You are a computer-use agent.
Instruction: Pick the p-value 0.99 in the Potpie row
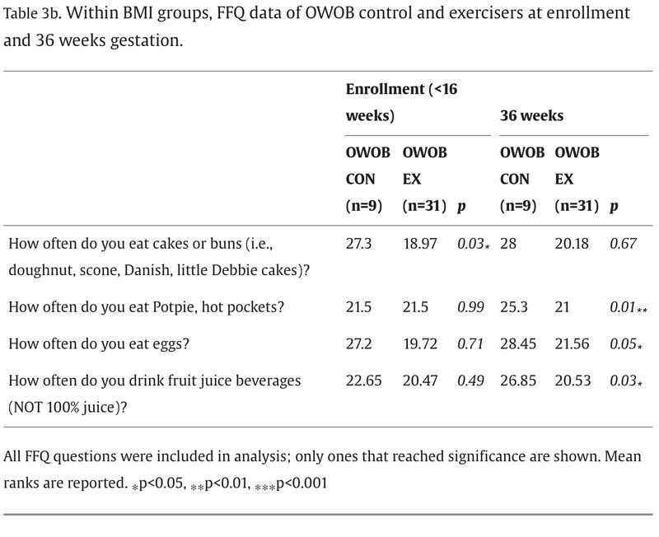(x=468, y=306)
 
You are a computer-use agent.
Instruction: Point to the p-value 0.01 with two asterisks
(x=627, y=306)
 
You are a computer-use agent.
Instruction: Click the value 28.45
(x=519, y=344)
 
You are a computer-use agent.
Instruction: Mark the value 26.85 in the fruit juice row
(x=519, y=381)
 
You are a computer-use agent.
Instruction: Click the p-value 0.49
(x=468, y=381)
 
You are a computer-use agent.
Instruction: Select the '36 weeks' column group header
(x=531, y=115)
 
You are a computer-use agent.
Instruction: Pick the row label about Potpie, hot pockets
(x=146, y=306)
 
